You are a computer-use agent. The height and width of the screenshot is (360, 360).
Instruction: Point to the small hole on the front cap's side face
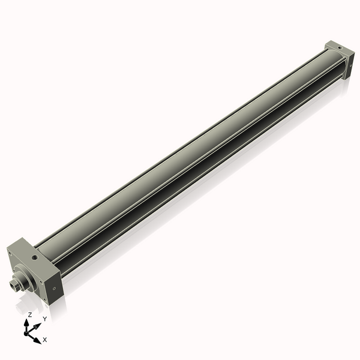click(x=55, y=287)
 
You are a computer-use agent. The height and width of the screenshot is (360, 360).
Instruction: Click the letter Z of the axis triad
click(x=29, y=315)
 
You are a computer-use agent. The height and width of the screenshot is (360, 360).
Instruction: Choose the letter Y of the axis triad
click(x=44, y=319)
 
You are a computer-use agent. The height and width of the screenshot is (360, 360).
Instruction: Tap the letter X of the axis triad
click(x=45, y=340)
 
